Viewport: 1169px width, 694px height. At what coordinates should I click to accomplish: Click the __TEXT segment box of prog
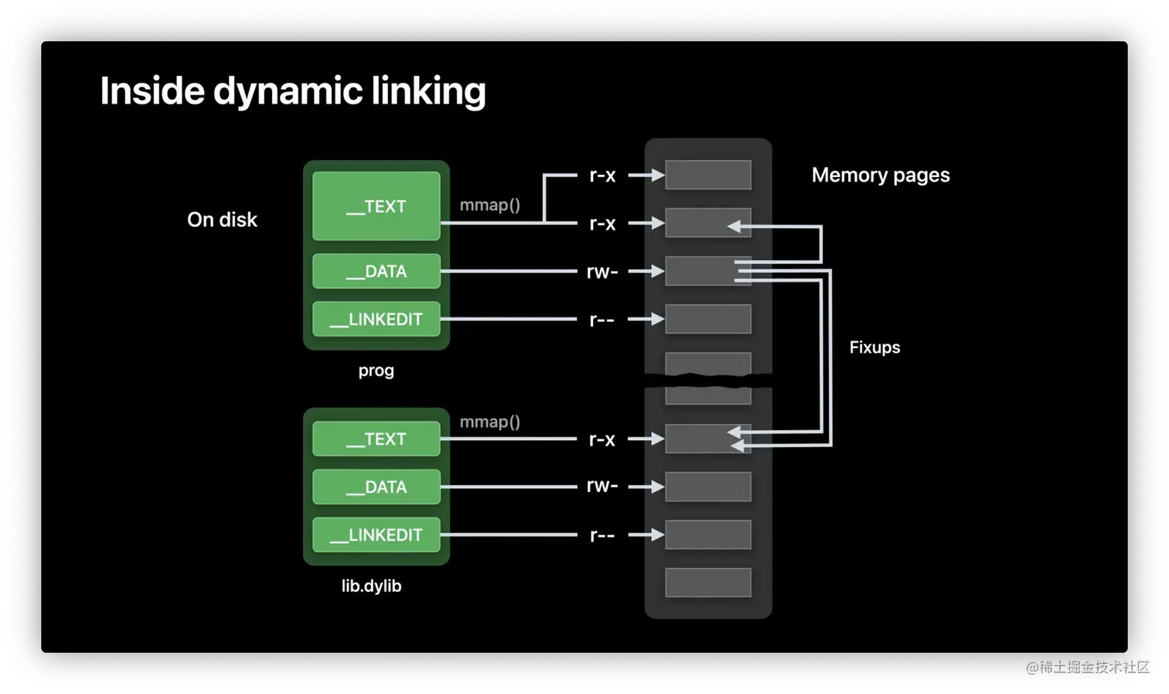point(376,206)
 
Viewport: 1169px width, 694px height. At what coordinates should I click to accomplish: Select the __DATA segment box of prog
point(376,271)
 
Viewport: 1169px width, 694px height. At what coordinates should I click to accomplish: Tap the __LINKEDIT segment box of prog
point(376,319)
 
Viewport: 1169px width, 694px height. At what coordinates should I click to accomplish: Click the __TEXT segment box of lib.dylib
point(376,439)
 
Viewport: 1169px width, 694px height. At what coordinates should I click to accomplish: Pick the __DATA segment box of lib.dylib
point(376,487)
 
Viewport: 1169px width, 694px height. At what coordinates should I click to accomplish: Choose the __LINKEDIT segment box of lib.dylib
point(376,535)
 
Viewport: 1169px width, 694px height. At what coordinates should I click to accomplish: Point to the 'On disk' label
point(222,220)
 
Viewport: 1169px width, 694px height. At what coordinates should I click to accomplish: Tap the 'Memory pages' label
point(881,175)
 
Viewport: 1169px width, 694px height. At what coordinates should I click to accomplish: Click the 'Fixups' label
point(874,347)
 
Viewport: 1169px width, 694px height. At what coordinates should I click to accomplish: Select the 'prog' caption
point(376,371)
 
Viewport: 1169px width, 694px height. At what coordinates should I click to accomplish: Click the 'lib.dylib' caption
point(371,586)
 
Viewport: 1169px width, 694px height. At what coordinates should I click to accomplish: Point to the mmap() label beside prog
point(489,205)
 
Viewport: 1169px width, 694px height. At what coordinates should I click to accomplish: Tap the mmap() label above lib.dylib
point(489,422)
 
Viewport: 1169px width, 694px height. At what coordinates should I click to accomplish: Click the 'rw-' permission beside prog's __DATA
point(602,272)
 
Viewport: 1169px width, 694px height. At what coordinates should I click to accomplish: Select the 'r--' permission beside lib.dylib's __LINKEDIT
point(602,535)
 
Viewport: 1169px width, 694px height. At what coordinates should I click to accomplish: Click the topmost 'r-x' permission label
point(602,176)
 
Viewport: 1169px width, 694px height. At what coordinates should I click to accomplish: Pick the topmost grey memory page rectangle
point(707,175)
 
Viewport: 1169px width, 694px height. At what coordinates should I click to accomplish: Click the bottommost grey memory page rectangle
point(707,583)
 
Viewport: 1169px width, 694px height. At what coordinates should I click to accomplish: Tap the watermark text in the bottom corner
point(1086,665)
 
